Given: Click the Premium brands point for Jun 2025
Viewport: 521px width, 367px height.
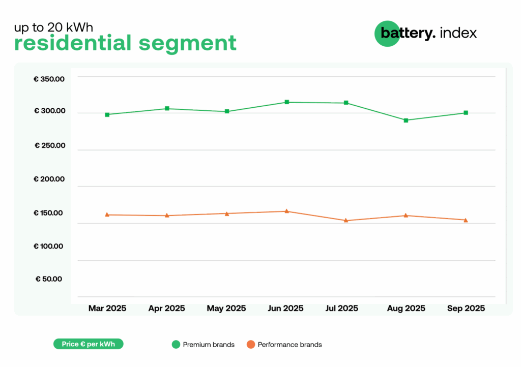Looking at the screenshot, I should coord(287,102).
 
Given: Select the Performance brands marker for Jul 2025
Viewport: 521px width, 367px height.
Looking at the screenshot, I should coord(346,221).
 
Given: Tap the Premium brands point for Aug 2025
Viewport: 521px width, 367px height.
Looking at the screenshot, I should coord(406,120).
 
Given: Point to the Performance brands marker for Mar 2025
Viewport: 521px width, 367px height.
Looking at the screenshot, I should coord(107,215).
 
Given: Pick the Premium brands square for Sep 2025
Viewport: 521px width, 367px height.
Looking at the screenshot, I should coord(466,113).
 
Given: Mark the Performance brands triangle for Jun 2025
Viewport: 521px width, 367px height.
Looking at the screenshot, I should coord(287,211).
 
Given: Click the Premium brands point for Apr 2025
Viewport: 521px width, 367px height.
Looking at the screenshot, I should coord(167,108).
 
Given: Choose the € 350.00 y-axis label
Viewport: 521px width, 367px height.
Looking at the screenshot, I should coord(49,79).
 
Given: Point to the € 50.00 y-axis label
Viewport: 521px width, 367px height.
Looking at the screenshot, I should coord(49,279).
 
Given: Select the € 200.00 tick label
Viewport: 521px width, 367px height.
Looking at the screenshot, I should coord(49,179).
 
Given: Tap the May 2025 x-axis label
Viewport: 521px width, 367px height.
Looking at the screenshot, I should coord(226,309).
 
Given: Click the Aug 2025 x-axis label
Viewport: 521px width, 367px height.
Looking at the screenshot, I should coord(406,309).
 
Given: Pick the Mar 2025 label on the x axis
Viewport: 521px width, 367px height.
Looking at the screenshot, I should coord(107,309).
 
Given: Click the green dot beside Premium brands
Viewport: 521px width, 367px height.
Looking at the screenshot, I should coord(176,345).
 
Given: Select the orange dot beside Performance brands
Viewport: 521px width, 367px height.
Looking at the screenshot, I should coord(250,345).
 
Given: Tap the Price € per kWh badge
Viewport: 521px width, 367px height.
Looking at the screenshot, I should coord(89,344).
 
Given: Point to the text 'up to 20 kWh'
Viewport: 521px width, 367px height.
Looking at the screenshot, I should coord(53,27).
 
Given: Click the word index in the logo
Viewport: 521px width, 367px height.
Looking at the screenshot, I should coord(458,33).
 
